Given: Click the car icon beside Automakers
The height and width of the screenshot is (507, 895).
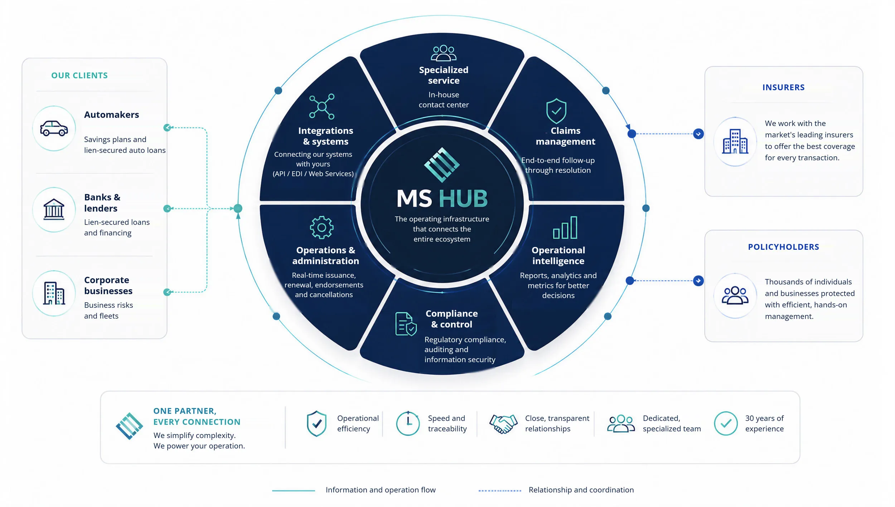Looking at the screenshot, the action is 54,128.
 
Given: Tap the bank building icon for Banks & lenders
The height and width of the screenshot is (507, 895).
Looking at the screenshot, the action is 54,209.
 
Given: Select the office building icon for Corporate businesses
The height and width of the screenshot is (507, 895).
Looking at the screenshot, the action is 54,293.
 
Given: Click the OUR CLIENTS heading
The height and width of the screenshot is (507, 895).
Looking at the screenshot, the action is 79,75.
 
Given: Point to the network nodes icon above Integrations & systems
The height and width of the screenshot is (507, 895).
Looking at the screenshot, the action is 322,107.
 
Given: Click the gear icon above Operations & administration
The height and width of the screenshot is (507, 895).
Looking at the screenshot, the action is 321,228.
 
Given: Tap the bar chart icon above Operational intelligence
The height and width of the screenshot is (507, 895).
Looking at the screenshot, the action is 565,228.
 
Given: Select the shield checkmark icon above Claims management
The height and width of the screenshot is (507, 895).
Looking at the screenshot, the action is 556,111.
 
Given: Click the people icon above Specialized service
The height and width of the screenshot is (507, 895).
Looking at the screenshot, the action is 444,53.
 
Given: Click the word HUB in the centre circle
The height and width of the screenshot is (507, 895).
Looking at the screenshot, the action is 463,199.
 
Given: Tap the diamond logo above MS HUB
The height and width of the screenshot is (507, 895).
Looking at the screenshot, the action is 442,165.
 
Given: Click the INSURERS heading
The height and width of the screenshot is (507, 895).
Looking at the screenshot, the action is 783,88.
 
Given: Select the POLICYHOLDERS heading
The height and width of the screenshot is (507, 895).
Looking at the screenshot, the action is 783,247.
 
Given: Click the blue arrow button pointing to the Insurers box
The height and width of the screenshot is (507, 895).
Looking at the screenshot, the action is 698,134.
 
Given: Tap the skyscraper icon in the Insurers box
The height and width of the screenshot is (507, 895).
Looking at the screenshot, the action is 735,141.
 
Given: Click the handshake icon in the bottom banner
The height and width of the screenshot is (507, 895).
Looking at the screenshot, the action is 503,424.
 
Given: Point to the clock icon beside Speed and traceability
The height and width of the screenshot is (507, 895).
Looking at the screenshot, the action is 408,423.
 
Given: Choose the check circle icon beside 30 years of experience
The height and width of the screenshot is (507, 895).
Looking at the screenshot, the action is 726,424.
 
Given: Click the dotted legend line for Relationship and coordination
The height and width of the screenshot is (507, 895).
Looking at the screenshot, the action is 500,491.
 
